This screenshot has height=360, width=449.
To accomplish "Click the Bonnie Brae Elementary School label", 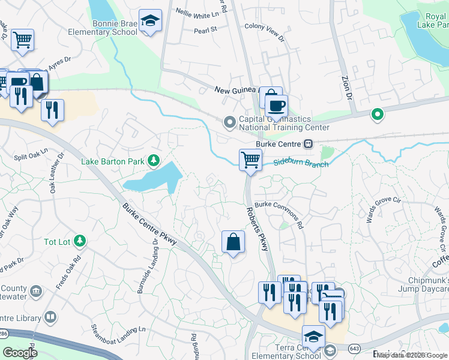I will click(x=111, y=28).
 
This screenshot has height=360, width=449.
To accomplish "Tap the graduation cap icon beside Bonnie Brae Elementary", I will click(x=149, y=21).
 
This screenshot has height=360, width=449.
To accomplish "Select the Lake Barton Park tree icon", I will click(x=154, y=160).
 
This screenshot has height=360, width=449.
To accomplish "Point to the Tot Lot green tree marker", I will click(x=80, y=241).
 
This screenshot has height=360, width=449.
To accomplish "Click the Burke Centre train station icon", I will click(x=308, y=144).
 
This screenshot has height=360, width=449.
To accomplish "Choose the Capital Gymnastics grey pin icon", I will click(x=229, y=122).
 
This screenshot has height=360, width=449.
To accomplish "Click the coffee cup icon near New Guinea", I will click(x=276, y=106).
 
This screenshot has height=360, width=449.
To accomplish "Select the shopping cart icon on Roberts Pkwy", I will click(x=250, y=160).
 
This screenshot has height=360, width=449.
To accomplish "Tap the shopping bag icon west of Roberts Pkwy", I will click(x=233, y=242).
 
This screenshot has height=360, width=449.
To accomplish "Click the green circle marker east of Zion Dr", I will click(x=377, y=113).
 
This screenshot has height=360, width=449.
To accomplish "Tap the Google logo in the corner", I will click(x=20, y=352).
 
